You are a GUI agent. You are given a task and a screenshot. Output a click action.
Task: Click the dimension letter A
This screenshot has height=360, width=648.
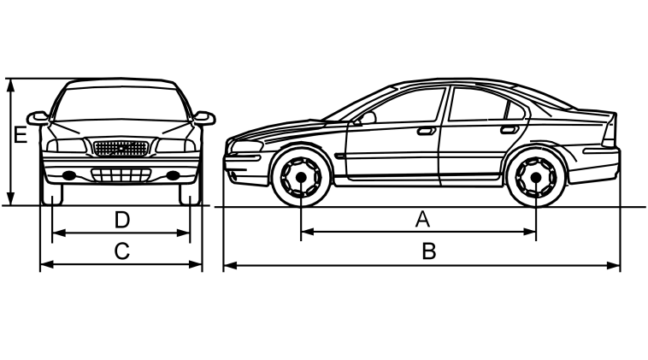pyautogui.click(x=422, y=219)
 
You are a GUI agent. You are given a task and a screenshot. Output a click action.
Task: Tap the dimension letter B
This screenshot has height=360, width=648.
pyautogui.click(x=428, y=251)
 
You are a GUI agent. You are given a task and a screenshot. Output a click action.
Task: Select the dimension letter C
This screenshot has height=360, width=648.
pyautogui.click(x=122, y=251)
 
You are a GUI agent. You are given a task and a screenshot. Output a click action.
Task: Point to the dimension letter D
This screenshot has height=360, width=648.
pyautogui.click(x=122, y=220)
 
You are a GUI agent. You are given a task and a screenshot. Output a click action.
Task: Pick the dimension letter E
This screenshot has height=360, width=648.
pyautogui.click(x=21, y=135)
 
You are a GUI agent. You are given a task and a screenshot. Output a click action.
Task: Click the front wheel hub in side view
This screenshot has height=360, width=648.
pyautogui.click(x=301, y=177)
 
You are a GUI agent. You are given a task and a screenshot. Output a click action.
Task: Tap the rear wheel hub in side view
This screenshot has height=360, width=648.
pyautogui.click(x=536, y=177)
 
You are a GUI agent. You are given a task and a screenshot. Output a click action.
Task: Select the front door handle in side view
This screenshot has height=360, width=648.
pyautogui.click(x=427, y=131)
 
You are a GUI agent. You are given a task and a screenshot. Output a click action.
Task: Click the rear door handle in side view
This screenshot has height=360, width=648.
pyautogui.click(x=510, y=129)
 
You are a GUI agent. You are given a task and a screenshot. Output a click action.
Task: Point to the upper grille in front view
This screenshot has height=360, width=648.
pyautogui.click(x=121, y=149)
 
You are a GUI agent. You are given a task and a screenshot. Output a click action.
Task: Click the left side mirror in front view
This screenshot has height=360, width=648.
pyautogui.click(x=38, y=118)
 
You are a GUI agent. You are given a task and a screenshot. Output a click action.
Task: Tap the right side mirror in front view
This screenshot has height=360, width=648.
pyautogui.click(x=204, y=118)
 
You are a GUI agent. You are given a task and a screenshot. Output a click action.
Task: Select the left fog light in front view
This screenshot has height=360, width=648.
pyautogui.click(x=69, y=175)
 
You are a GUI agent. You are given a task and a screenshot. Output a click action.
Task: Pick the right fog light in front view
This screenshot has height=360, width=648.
pyautogui.click(x=174, y=175)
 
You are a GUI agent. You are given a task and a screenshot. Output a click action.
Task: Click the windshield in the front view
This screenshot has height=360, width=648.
pyautogui.click(x=121, y=103)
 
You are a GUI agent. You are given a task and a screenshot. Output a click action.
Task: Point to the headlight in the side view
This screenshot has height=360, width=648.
pyautogui.click(x=247, y=146)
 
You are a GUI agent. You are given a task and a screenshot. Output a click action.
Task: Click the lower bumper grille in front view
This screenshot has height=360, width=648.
pyautogui.click(x=121, y=174)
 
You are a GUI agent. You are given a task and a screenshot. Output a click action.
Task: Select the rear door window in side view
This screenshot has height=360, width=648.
pyautogui.click(x=486, y=104)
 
